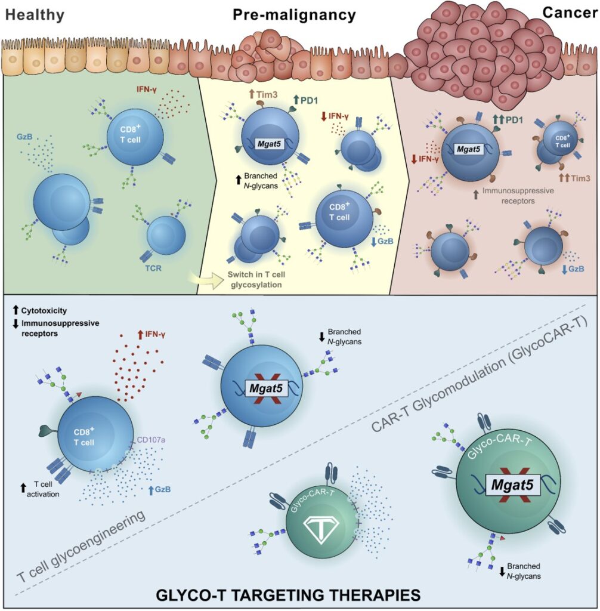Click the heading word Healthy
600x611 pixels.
pyautogui.click(x=35, y=15)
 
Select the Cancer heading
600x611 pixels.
pyautogui.click(x=570, y=13)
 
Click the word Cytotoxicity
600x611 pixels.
pyautogui.click(x=47, y=311)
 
